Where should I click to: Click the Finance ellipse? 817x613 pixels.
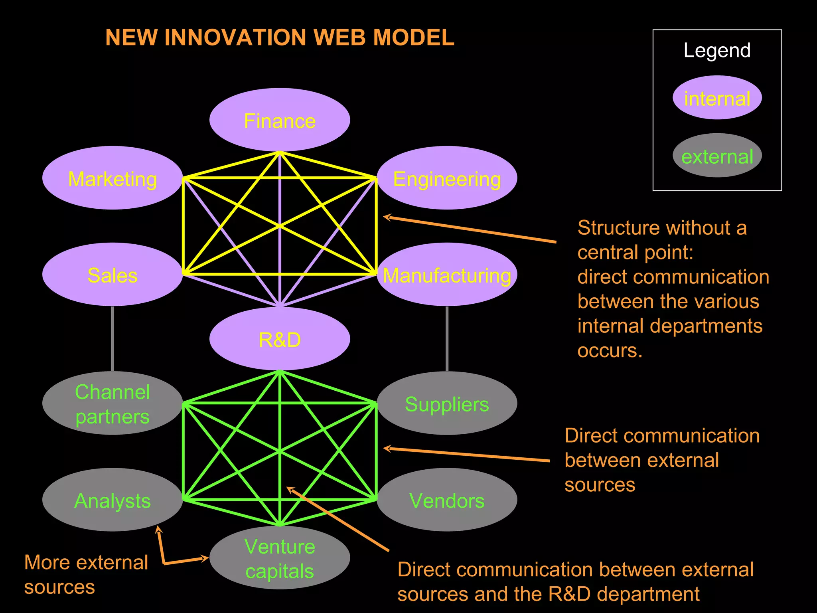point(280,120)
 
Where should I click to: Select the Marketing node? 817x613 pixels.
point(112,178)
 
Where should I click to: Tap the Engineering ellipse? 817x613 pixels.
point(447,178)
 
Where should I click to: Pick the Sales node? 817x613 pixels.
point(112,275)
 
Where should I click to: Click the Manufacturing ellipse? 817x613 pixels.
point(447,275)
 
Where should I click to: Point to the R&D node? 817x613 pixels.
point(280,339)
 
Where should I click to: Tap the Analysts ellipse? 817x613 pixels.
point(112,500)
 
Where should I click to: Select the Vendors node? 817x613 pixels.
point(447,500)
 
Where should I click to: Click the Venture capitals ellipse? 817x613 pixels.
point(280,558)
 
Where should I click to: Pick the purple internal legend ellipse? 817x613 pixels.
point(717,98)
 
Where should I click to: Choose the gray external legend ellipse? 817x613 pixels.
point(717,156)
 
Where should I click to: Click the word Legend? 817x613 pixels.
point(717,51)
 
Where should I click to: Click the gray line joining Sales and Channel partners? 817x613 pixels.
point(112,338)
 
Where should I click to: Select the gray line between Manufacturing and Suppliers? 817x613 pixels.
point(447,338)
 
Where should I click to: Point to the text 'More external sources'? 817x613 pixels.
point(86,574)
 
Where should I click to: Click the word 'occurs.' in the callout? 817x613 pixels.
point(610,351)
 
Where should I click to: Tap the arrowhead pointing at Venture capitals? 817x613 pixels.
point(205,558)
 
